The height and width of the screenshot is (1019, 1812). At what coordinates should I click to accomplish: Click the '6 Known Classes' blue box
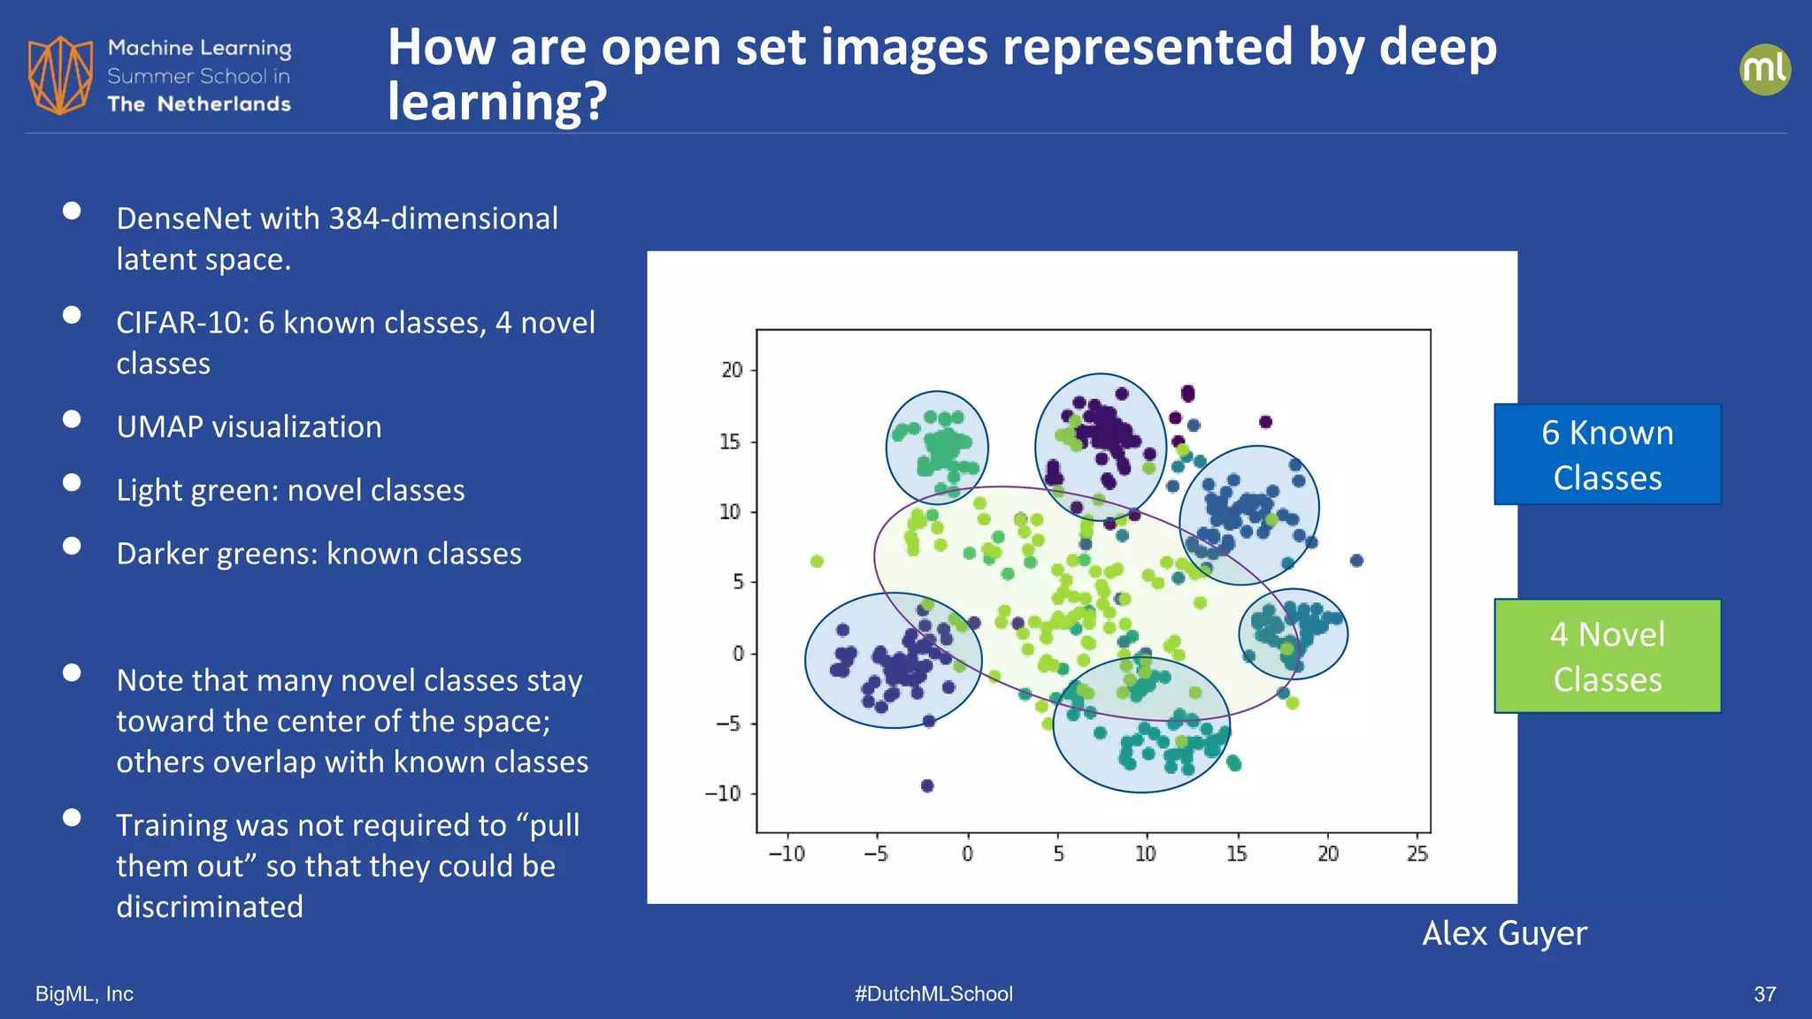click(1607, 455)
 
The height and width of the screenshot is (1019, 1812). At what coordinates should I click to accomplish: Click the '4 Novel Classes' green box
click(1607, 656)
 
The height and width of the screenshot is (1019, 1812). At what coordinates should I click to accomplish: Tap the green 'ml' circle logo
click(1764, 70)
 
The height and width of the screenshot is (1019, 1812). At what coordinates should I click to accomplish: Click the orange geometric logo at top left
click(60, 75)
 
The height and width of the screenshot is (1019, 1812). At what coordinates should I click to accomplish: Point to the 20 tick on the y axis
click(732, 370)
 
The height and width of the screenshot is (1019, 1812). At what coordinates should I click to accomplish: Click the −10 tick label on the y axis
click(723, 793)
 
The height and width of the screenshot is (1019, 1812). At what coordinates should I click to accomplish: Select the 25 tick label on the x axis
click(1417, 854)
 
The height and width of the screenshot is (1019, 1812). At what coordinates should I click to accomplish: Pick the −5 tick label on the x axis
click(875, 854)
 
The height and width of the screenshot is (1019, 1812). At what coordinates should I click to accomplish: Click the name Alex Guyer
click(1504, 933)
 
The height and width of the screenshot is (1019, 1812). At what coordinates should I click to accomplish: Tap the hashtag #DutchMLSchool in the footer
click(933, 993)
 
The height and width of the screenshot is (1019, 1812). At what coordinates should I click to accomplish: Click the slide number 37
click(1764, 994)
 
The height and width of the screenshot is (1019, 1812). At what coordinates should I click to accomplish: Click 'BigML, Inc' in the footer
click(84, 993)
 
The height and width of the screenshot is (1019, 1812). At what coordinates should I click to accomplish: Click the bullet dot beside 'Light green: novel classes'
click(72, 483)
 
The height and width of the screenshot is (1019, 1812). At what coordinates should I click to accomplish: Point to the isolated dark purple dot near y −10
click(927, 785)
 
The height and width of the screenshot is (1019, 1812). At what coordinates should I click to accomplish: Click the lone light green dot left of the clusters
click(817, 562)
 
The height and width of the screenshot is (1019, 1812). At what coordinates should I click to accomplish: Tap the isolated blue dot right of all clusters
click(1356, 560)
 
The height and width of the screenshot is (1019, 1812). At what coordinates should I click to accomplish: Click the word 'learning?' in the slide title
click(497, 102)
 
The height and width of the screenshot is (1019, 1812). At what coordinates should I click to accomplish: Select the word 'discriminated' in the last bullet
click(210, 907)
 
